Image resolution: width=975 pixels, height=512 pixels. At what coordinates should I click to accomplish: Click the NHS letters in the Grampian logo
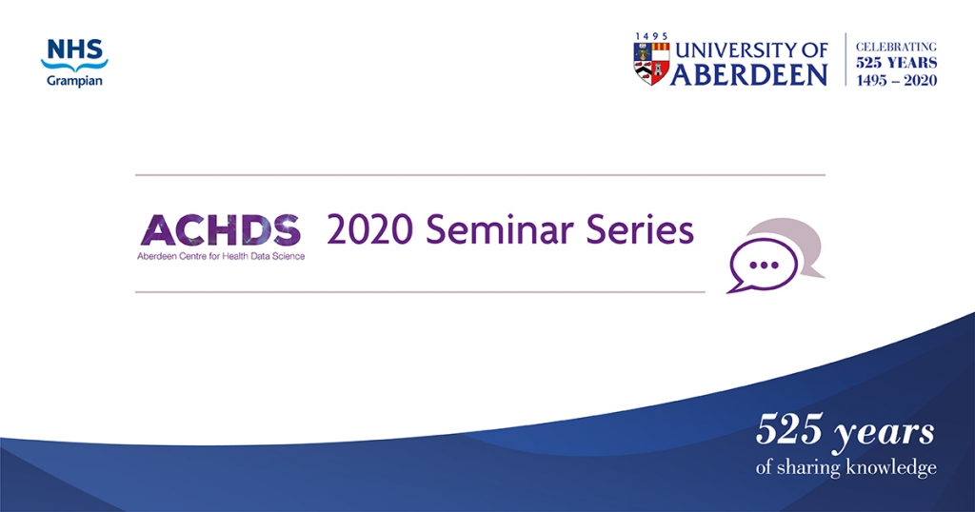coord(75,49)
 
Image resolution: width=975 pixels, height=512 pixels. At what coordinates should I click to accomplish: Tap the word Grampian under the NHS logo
coord(74,81)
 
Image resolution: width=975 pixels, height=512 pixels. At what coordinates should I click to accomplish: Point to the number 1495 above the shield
coord(651,37)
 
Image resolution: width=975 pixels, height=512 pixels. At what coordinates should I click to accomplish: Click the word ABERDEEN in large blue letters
coord(749,74)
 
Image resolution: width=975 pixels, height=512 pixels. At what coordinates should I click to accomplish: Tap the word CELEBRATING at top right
coord(896,47)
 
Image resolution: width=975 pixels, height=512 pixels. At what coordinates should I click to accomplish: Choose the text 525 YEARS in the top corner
coord(896,63)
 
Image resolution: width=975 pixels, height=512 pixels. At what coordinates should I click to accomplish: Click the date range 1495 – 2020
coord(896,80)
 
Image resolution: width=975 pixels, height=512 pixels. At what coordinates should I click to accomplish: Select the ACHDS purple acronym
coord(221,230)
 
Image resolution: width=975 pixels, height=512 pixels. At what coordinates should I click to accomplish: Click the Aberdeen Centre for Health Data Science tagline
coord(221,256)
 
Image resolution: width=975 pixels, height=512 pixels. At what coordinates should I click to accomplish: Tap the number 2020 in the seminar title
coord(369,229)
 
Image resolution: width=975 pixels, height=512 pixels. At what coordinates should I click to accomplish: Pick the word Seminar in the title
coord(499,229)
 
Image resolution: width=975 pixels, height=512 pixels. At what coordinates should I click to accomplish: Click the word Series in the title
coord(640,229)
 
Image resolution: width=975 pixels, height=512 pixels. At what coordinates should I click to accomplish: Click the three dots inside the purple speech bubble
coord(764,265)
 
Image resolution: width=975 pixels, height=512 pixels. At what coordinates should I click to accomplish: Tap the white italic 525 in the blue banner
coord(789,430)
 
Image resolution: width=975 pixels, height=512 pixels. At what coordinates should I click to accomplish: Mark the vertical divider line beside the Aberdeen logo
coord(846,59)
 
